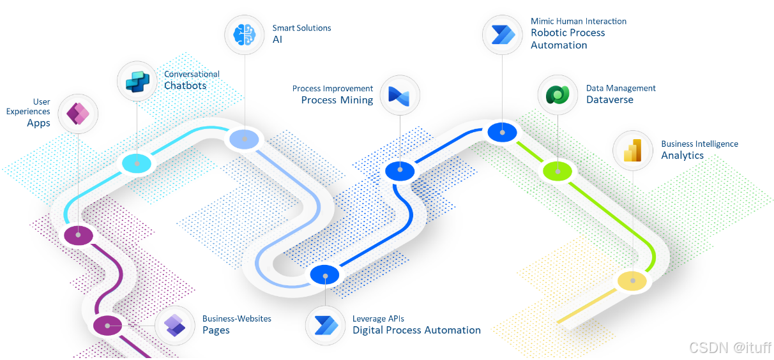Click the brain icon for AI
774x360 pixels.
245,34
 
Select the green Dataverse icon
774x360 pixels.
557,94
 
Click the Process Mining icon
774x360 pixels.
399,95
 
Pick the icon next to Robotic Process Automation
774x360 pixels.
502,33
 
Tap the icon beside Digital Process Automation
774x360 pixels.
324,326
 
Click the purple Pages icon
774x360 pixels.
174,326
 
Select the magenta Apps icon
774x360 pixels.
77,114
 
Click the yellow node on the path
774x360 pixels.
632,281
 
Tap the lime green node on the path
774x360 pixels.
559,170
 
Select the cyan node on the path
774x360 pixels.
137,163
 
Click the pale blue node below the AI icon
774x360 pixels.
243,139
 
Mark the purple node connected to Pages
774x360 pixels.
107,326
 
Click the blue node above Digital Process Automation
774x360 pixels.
326,274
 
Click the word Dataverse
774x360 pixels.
610,100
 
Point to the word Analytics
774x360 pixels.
682,155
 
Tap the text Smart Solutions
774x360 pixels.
301,28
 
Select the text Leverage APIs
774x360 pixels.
378,319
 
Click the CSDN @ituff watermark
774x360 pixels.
729,347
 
